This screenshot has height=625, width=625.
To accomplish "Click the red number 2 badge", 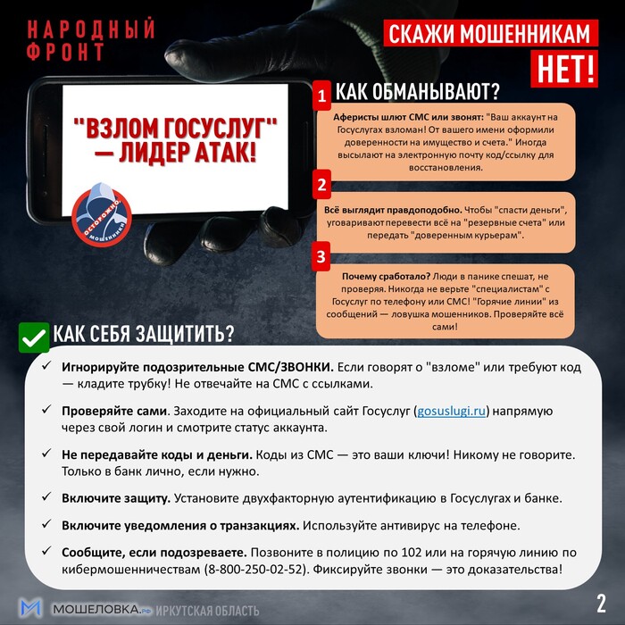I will [x=321, y=187].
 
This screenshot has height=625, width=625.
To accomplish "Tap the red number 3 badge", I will [x=321, y=257].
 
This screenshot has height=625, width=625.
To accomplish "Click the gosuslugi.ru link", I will [x=451, y=411].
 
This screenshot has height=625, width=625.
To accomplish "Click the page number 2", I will [x=600, y=600].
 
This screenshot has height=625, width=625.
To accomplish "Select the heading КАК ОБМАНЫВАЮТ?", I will [x=416, y=91].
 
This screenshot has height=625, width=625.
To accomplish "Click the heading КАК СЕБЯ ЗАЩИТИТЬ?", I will [x=143, y=334].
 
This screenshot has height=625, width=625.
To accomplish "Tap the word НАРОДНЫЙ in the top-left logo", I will [x=85, y=29].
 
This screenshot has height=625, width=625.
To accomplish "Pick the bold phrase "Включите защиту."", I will [x=116, y=497].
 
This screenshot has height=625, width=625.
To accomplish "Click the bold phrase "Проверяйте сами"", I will [x=114, y=411].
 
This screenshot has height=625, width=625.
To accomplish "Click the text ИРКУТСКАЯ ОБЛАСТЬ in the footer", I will [x=208, y=611].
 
